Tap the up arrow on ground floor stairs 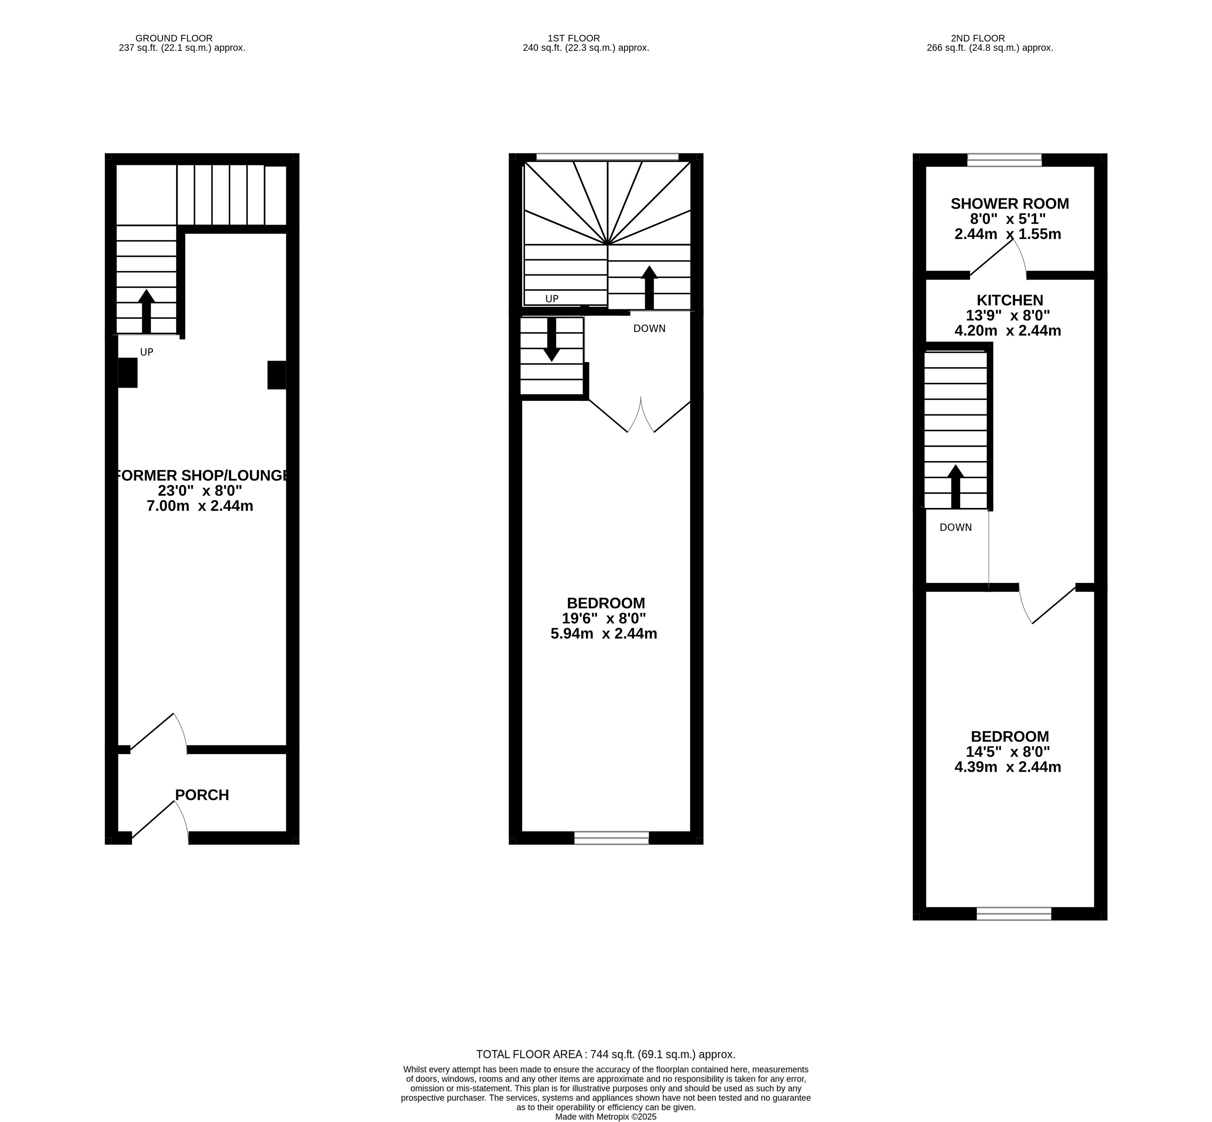[x=146, y=311]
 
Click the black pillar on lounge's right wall [x=277, y=375]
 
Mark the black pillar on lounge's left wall [x=128, y=373]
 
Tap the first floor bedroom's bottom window [x=611, y=838]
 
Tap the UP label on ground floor [x=146, y=352]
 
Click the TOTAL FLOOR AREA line [x=605, y=1055]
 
